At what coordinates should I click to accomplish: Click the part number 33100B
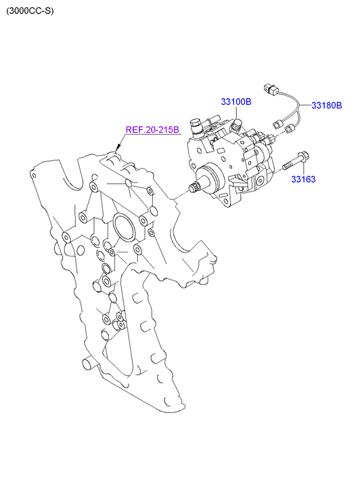pyautogui.click(x=236, y=102)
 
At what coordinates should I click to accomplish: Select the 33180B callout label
pyautogui.click(x=326, y=105)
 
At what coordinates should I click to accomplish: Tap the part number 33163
pyautogui.click(x=303, y=179)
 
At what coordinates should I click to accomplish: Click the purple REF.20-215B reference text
pyautogui.click(x=152, y=129)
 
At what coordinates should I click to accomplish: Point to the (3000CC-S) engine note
pyautogui.click(x=30, y=11)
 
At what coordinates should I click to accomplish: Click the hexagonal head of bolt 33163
pyautogui.click(x=303, y=156)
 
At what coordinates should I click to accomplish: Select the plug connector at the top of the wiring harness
pyautogui.click(x=270, y=89)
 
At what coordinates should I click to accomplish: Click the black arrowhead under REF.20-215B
pyautogui.click(x=118, y=147)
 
